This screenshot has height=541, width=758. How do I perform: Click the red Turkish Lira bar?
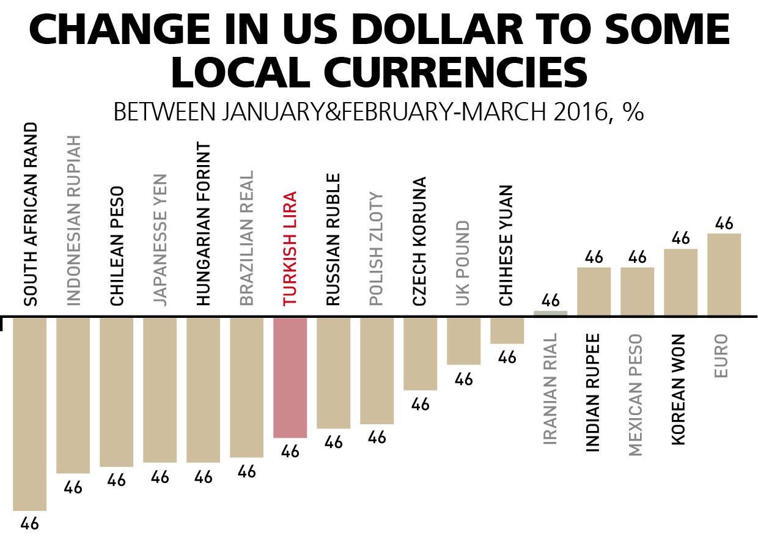[x=290, y=377]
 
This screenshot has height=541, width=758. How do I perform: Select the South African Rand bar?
[x=29, y=413]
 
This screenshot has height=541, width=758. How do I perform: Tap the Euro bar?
[x=724, y=274]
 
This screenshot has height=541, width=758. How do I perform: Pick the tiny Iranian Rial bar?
[x=550, y=314]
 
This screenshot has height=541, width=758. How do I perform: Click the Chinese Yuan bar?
[x=507, y=330]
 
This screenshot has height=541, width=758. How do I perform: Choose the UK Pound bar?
[x=463, y=340]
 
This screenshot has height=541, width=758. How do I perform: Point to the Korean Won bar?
[x=680, y=282]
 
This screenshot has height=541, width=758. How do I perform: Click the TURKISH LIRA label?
[x=290, y=248]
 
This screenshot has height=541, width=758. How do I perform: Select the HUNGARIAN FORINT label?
[x=204, y=224]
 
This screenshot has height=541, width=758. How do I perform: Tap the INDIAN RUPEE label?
[x=593, y=392]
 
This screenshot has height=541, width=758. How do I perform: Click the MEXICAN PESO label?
[x=636, y=395]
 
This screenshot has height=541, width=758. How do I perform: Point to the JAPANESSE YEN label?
[x=160, y=239]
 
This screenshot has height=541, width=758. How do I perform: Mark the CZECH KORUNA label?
[x=420, y=241]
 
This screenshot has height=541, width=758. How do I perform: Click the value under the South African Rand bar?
[x=29, y=524]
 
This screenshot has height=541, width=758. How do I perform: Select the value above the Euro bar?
[x=724, y=224]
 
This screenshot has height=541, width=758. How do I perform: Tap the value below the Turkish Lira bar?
[x=290, y=452]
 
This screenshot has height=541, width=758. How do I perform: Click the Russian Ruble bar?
[x=333, y=372]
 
